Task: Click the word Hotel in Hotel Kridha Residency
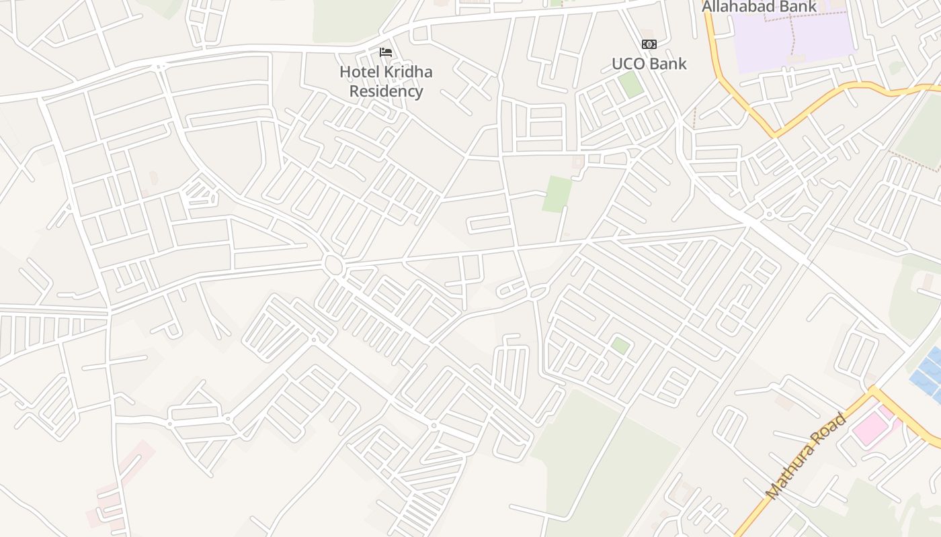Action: (356, 72)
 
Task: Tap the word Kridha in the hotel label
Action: (404, 72)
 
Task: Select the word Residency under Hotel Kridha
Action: (386, 91)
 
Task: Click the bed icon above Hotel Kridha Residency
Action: (386, 52)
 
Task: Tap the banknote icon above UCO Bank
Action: (649, 44)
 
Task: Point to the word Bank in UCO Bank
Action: (669, 64)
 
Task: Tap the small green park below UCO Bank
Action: (630, 84)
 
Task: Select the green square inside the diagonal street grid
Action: (620, 346)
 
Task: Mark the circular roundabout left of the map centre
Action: (333, 265)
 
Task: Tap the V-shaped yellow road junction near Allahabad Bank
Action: (775, 134)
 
